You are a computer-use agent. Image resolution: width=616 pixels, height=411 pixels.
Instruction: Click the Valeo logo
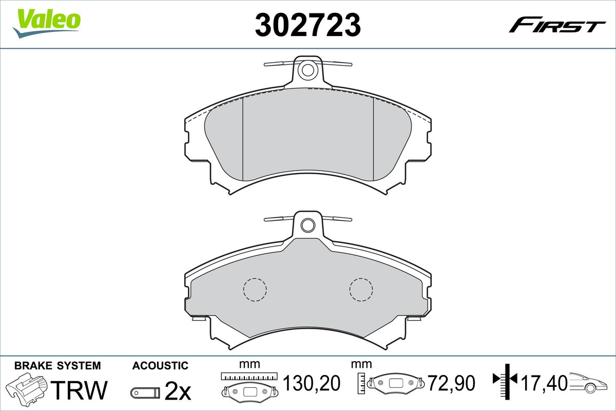47,23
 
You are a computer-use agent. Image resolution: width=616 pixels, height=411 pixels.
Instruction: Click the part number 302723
308,25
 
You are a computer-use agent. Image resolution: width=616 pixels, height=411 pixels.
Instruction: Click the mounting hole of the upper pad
307,70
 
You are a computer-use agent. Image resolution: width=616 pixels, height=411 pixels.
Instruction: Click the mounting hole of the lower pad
307,226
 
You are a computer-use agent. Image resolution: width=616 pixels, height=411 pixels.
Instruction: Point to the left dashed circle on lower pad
255,289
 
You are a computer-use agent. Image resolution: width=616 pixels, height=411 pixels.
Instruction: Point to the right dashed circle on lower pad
361,289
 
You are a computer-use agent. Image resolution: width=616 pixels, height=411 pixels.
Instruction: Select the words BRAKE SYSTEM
57,366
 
